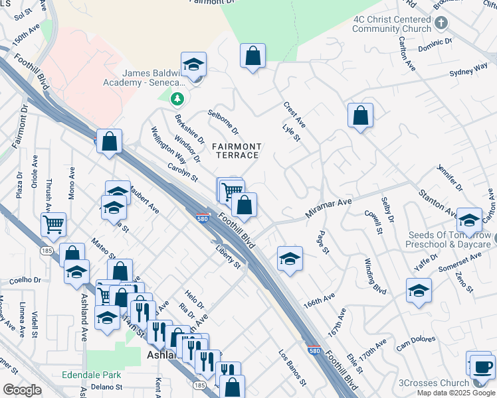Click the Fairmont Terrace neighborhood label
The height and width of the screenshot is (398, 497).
[x=237, y=151]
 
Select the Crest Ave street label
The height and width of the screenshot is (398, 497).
[x=294, y=114]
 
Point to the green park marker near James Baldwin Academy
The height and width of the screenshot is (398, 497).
[x=177, y=99]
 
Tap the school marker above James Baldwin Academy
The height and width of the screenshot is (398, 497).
[x=193, y=65]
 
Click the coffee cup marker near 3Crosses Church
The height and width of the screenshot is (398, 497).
[x=482, y=366]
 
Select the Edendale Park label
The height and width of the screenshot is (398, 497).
[x=92, y=375]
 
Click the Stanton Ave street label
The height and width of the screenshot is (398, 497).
[x=437, y=203]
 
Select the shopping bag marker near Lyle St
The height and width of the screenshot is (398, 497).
[x=359, y=116]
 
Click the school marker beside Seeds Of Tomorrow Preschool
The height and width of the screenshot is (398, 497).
[x=469, y=220]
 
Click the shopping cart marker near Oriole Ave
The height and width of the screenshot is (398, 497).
[x=53, y=224]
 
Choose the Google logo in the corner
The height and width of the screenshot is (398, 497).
[x=22, y=390]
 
